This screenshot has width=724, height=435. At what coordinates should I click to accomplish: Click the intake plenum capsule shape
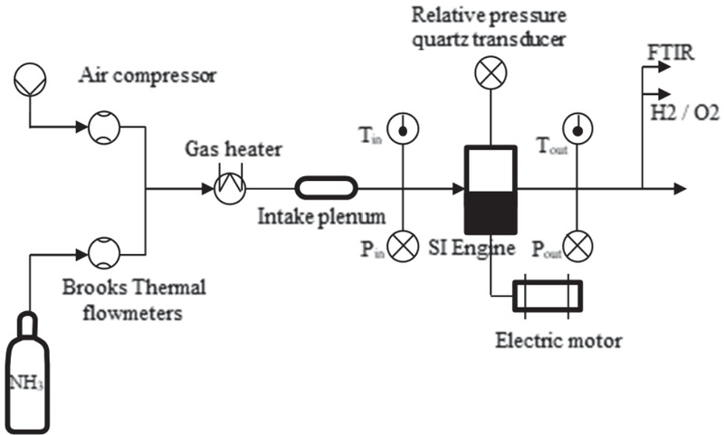326,188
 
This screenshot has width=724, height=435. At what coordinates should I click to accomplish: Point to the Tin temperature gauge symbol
400,128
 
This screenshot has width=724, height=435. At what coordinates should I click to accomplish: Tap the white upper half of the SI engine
490,168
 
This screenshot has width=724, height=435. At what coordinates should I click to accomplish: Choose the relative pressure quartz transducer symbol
491,74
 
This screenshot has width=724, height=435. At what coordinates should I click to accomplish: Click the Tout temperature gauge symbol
576,128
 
